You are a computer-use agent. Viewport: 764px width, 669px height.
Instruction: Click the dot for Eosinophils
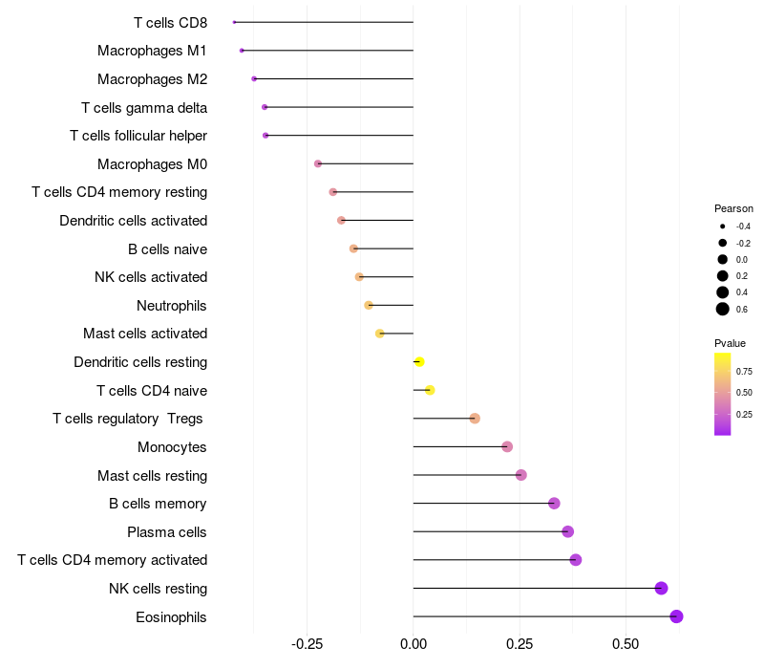[x=677, y=616]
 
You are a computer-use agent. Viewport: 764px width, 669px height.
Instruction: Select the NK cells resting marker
[x=661, y=589]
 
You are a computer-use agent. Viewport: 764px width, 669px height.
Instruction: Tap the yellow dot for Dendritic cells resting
[x=419, y=362]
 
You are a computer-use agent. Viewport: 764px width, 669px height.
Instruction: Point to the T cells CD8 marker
[x=234, y=22]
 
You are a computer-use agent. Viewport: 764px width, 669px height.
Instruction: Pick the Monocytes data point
[x=507, y=447]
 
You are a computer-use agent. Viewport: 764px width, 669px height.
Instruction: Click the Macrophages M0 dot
[x=318, y=164]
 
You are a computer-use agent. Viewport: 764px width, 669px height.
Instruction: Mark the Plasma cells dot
[x=568, y=531]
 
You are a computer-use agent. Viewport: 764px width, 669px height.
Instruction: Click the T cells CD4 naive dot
[x=430, y=390]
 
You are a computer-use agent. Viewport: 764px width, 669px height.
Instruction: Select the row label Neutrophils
[x=172, y=306]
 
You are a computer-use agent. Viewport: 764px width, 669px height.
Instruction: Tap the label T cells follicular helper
[x=138, y=136]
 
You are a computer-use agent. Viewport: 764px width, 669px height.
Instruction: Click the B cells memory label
[x=158, y=504]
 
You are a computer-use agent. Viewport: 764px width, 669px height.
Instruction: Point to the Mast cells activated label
[x=145, y=334]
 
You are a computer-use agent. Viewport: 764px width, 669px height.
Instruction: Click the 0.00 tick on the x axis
[x=413, y=644]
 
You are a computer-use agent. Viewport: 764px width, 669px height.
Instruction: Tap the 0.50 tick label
[x=626, y=644]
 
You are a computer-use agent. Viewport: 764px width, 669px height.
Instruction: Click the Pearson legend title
[x=733, y=208]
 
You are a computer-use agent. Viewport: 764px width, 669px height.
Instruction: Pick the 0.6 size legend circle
[x=723, y=309]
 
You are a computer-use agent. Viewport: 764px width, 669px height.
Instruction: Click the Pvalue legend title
[x=730, y=343]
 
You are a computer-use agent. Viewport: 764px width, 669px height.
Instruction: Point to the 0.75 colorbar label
[x=744, y=371]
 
